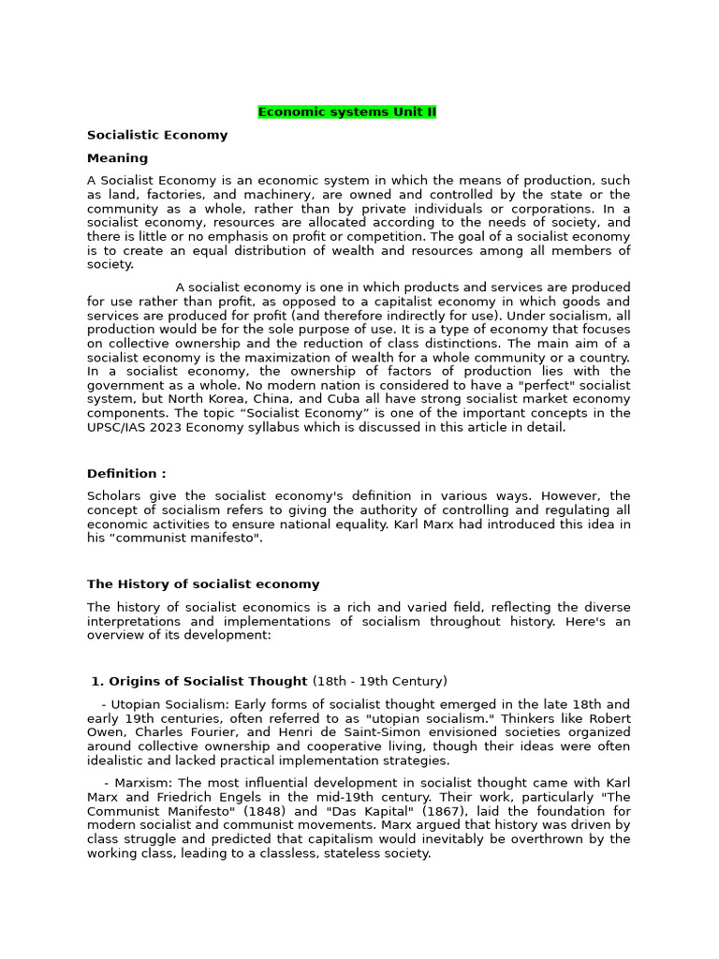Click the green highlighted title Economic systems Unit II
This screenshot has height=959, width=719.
click(347, 112)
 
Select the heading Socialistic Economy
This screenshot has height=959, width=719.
click(157, 135)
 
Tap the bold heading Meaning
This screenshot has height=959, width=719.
click(117, 158)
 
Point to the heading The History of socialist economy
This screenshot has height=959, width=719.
click(203, 584)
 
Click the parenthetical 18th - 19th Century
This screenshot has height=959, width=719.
click(380, 681)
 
